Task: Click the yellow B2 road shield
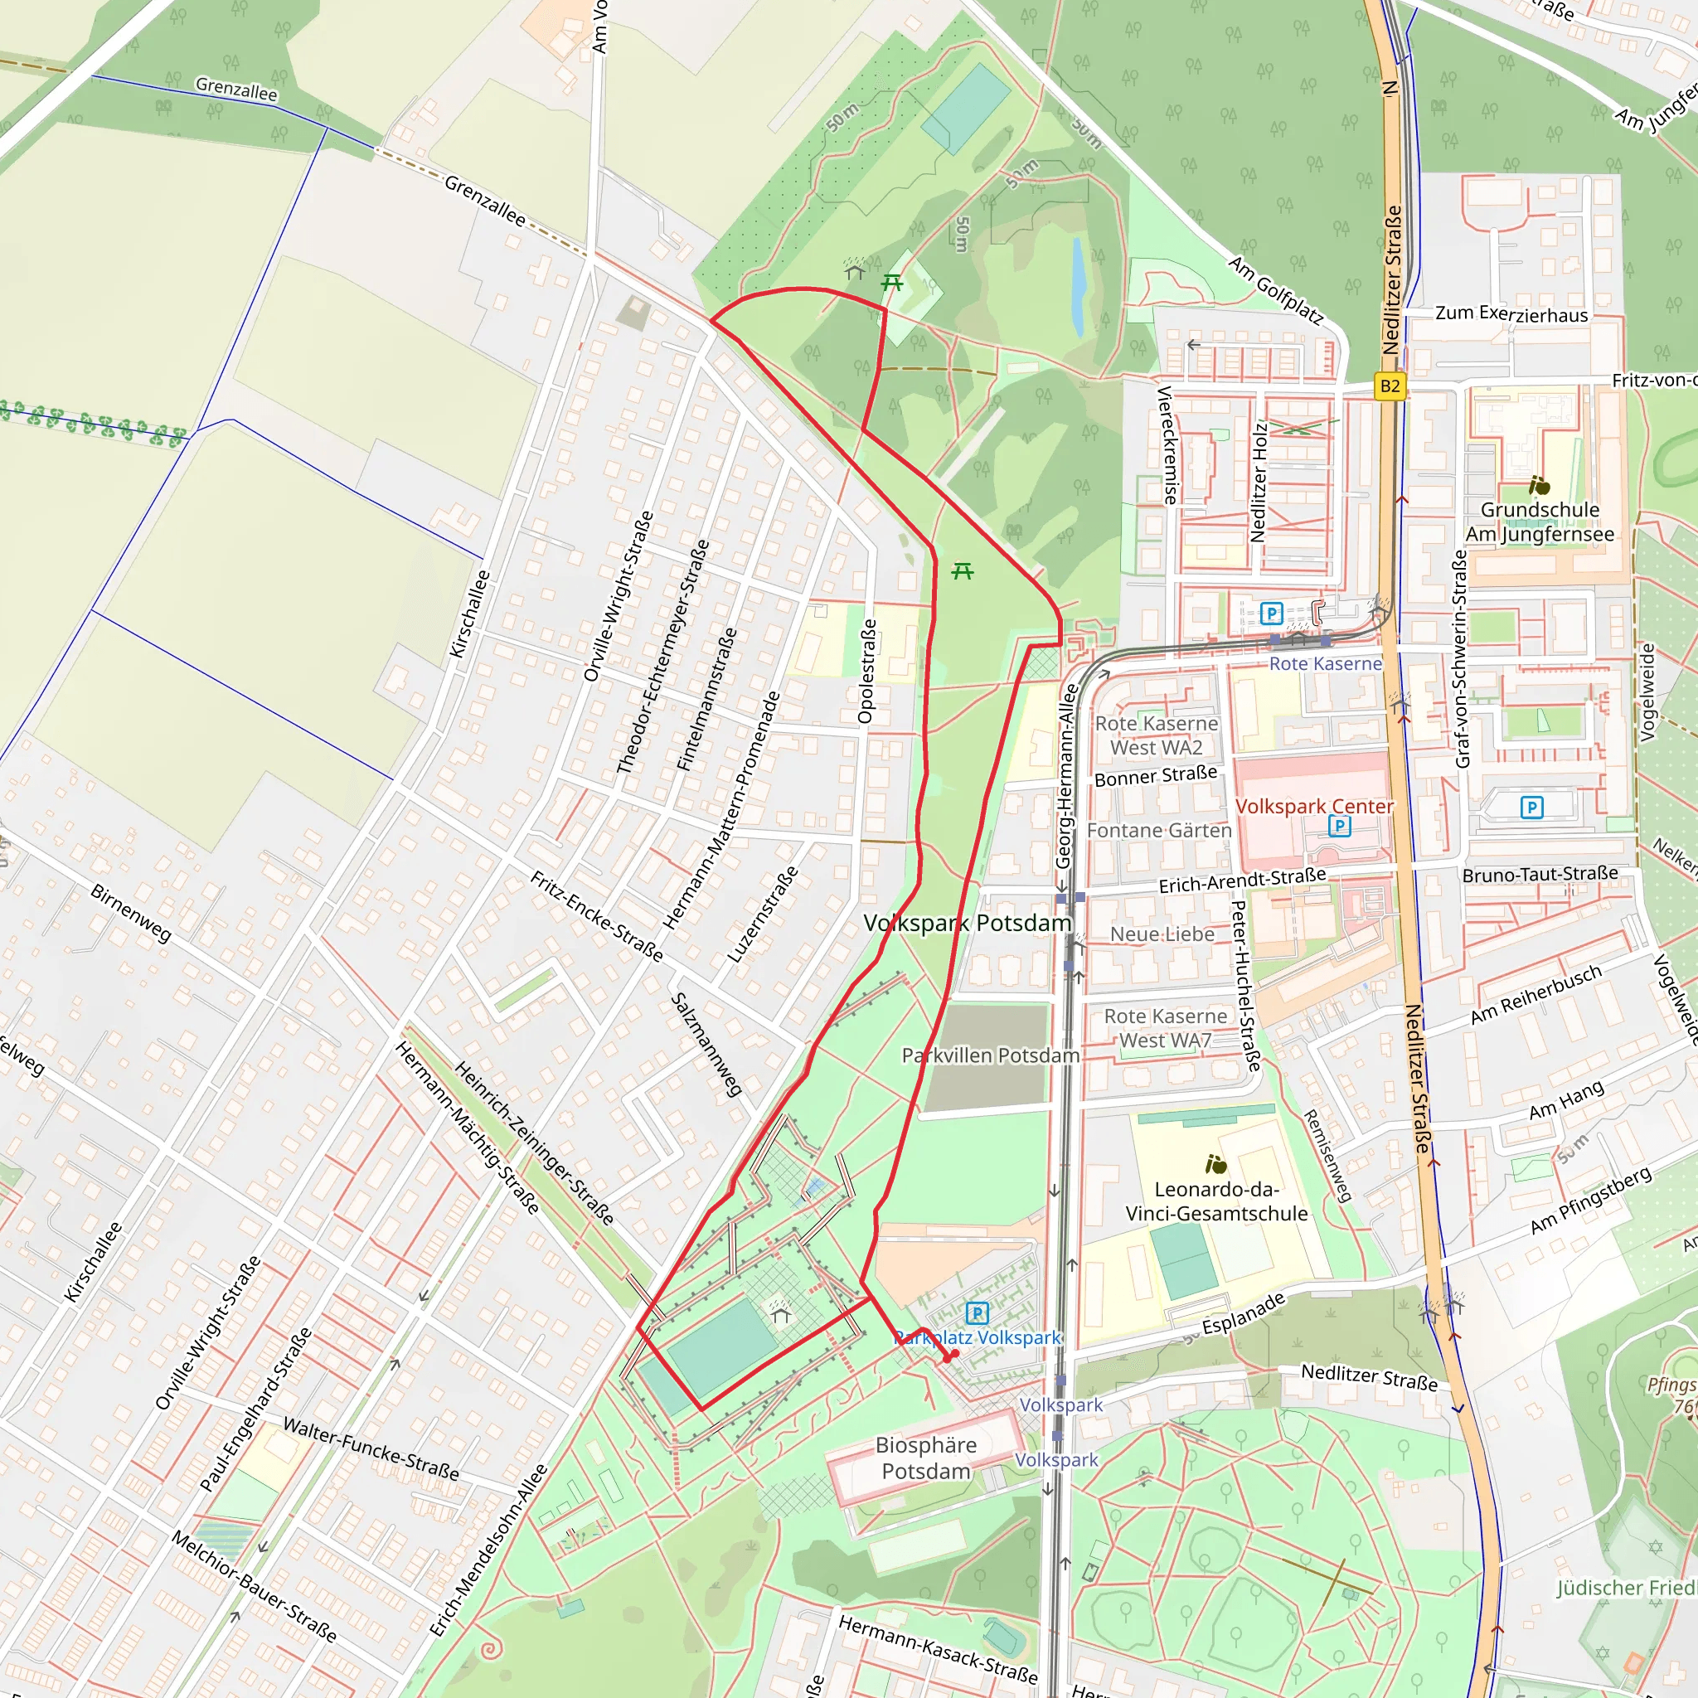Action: click(x=1390, y=386)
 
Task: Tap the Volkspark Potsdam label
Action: click(x=967, y=923)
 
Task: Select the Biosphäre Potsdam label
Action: click(x=925, y=1458)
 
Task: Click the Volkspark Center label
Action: click(x=1314, y=806)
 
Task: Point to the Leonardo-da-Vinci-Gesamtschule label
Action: click(x=1216, y=1201)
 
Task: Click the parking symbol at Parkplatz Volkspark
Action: click(x=978, y=1313)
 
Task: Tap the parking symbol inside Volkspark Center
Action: click(x=1340, y=825)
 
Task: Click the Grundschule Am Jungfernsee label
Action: click(x=1540, y=522)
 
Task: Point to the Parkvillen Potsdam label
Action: click(x=991, y=1055)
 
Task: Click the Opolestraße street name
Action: click(x=866, y=672)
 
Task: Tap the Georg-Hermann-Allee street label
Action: click(x=1065, y=776)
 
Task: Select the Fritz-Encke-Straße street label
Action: click(x=597, y=916)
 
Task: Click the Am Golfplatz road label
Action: click(x=1275, y=291)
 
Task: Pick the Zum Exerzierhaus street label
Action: click(x=1511, y=313)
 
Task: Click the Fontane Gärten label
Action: click(x=1159, y=831)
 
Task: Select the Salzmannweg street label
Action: click(x=706, y=1044)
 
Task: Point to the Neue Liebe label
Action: click(x=1162, y=934)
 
